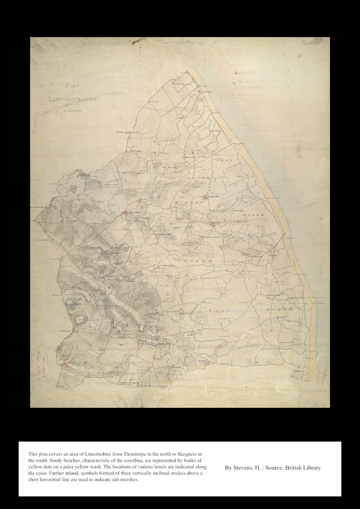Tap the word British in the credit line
[294, 468]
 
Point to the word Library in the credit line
[312, 468]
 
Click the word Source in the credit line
[274, 468]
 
